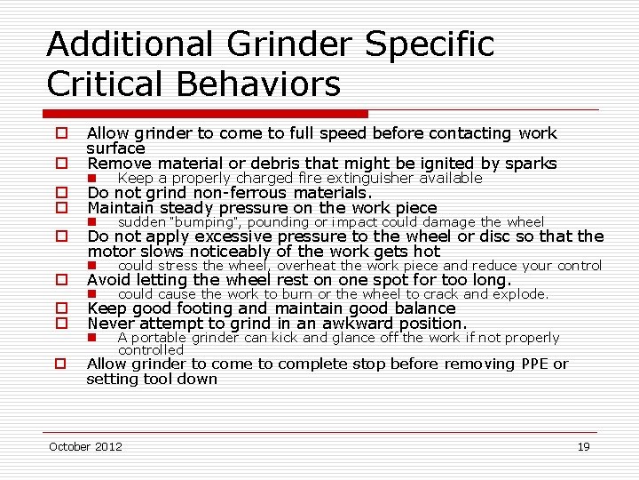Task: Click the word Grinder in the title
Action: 290,44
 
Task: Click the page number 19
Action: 583,446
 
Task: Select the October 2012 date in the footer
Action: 85,446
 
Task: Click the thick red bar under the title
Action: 207,114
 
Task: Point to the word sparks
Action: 531,164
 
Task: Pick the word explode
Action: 523,294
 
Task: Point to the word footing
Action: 192,308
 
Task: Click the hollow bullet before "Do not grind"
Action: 62,193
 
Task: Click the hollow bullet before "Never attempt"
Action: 62,324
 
